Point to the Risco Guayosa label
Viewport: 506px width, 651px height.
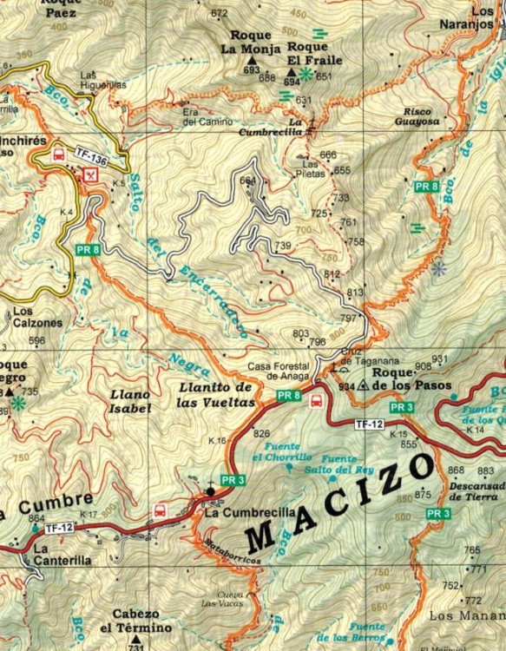tap(423, 117)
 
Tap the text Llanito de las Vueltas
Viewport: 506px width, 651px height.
tap(216, 395)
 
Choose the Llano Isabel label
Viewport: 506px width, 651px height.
tap(131, 401)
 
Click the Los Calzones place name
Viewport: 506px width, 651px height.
tap(37, 317)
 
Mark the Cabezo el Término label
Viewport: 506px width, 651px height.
tap(134, 621)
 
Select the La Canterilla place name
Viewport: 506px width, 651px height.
tap(62, 555)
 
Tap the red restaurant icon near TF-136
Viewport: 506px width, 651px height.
tap(88, 174)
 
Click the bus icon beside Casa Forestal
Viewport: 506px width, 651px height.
tap(318, 401)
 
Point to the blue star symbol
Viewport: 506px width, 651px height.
tap(439, 269)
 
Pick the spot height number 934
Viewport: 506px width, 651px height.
tap(346, 386)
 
